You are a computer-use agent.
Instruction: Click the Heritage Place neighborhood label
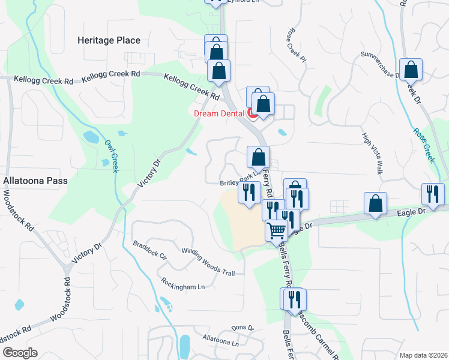click(109, 41)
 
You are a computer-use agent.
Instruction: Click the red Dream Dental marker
click(253, 112)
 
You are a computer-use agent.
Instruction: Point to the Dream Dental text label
click(220, 113)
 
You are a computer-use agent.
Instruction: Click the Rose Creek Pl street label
click(297, 44)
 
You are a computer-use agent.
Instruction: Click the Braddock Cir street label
click(150, 251)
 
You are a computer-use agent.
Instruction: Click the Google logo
click(19, 353)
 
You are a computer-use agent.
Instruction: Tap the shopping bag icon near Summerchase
click(411, 70)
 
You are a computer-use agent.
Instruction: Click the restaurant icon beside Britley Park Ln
click(249, 192)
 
